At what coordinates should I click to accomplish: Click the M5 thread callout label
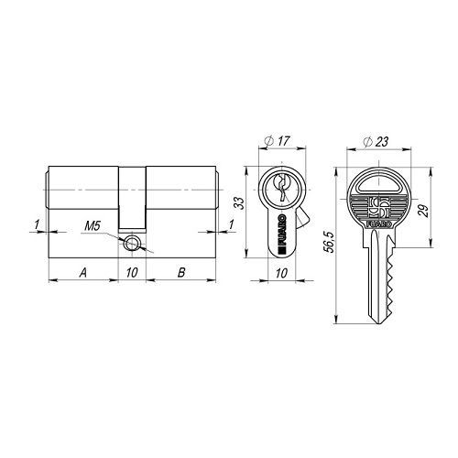[93, 226]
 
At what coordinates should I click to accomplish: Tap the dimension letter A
[83, 272]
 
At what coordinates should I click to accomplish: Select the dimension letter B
[181, 272]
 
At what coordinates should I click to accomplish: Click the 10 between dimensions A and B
[132, 272]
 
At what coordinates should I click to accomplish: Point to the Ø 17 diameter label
[277, 141]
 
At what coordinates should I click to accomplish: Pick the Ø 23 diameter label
[376, 142]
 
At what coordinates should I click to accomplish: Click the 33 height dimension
[241, 203]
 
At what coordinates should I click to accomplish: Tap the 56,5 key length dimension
[331, 242]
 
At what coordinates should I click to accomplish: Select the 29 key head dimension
[423, 211]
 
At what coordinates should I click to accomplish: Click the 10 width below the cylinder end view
[281, 273]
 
